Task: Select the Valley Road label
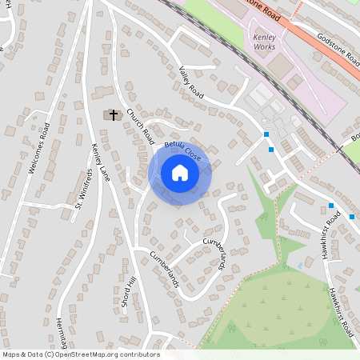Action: [x=192, y=82]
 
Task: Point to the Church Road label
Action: [x=139, y=127]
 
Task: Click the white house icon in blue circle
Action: [x=180, y=173]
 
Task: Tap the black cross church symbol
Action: [x=114, y=115]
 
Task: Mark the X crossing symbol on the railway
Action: [x=339, y=148]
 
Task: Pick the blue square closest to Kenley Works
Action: [x=266, y=134]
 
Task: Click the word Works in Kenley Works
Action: [x=264, y=47]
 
